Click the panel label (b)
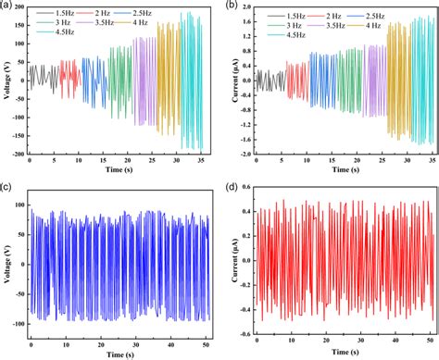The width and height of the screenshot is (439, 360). click(232, 7)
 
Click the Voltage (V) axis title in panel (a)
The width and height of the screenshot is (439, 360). click(7, 81)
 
